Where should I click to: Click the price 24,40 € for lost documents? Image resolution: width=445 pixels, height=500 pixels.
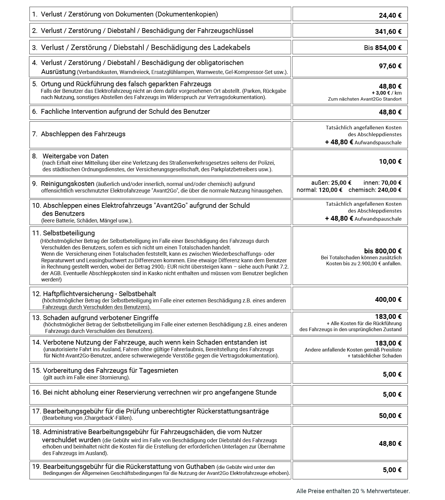pyautogui.click(x=390, y=15)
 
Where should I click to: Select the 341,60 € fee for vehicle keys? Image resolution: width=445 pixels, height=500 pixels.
pyautogui.click(x=388, y=31)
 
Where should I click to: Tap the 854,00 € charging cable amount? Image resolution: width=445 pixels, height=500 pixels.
pyautogui.click(x=388, y=48)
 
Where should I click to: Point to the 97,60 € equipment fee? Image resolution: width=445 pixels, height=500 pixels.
pyautogui.click(x=390, y=66)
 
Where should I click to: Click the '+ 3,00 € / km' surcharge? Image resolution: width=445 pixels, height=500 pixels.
pyautogui.click(x=386, y=93)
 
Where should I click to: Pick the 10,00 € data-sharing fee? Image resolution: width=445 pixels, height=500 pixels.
pyautogui.click(x=390, y=162)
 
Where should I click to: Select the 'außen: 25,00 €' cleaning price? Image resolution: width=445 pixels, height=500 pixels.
pyautogui.click(x=331, y=183)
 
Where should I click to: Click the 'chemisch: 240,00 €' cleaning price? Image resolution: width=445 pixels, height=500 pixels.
pyautogui.click(x=375, y=190)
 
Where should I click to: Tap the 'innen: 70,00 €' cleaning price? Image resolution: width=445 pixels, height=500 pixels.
pyautogui.click(x=382, y=183)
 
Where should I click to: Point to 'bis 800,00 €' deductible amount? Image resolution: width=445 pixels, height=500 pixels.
pyautogui.click(x=382, y=251)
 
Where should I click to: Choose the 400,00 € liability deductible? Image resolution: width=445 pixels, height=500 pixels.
pyautogui.click(x=388, y=299)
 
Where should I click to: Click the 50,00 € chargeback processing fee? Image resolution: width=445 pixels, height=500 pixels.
pyautogui.click(x=390, y=416)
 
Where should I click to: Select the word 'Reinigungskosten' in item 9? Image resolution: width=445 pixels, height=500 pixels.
pyautogui.click(x=68, y=184)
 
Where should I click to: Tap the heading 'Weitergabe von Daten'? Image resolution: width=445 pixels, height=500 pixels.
pyautogui.click(x=75, y=156)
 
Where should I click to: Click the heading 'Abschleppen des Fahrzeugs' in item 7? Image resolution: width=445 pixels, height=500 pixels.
pyautogui.click(x=83, y=134)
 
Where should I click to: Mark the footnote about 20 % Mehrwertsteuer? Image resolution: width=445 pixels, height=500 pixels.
pyautogui.click(x=353, y=491)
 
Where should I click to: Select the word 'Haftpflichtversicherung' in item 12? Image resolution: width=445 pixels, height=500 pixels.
pyautogui.click(x=78, y=294)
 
